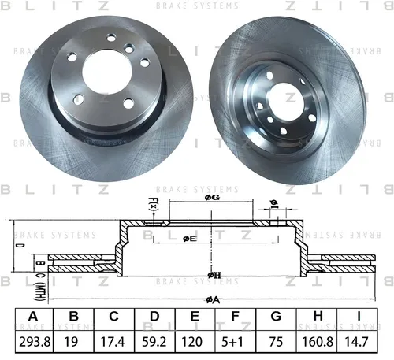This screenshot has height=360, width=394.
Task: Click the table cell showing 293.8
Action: pyautogui.click(x=35, y=342)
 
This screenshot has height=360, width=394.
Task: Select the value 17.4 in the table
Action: pyautogui.click(x=113, y=342)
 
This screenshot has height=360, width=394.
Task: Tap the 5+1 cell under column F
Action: pyautogui.click(x=232, y=342)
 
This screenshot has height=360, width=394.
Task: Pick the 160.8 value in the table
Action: pyautogui.click(x=318, y=342)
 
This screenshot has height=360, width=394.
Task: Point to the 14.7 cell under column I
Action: pyautogui.click(x=356, y=342)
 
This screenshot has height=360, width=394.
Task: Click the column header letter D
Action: pyautogui.click(x=154, y=317)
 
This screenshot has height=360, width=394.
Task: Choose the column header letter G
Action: pyautogui.click(x=276, y=317)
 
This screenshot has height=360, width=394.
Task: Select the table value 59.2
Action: pyautogui.click(x=154, y=342)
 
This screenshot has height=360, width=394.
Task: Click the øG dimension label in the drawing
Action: pyautogui.click(x=212, y=198)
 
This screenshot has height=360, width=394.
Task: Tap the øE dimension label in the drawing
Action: pyautogui.click(x=190, y=239)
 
